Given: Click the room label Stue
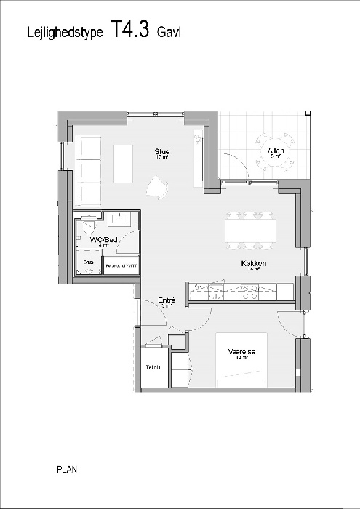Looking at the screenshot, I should [161, 152].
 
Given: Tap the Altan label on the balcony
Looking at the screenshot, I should [276, 151].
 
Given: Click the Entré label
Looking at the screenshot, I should [167, 300].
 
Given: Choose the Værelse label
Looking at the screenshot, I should [241, 352].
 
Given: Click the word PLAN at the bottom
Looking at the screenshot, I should [67, 470].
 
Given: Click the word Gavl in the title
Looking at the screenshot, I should [169, 32].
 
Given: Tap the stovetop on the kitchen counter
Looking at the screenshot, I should [249, 292].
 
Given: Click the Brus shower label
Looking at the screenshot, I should [88, 262].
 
